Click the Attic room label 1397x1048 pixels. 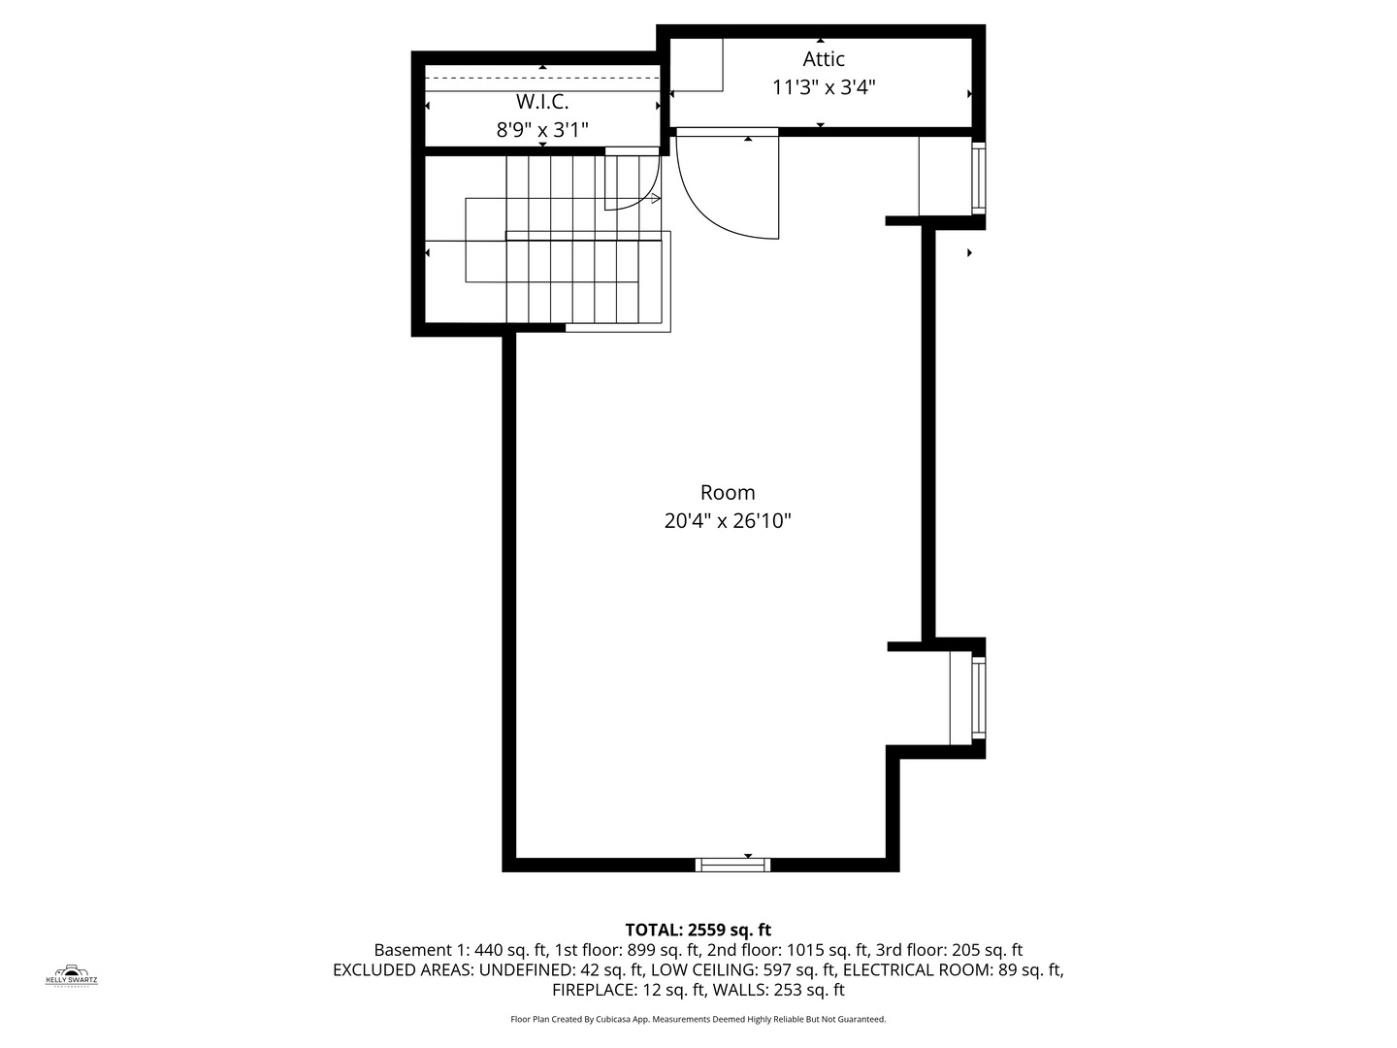(823, 59)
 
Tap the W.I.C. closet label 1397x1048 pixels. (541, 102)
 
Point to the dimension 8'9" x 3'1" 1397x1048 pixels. (542, 130)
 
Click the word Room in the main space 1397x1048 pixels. (727, 493)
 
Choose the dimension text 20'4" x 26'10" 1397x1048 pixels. (727, 521)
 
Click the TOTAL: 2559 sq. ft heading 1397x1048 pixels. (698, 930)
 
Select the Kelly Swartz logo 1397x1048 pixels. (72, 975)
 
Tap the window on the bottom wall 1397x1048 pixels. (733, 865)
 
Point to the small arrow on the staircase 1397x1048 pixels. (655, 199)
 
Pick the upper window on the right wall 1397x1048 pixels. (978, 178)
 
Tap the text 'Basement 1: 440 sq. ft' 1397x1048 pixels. (461, 950)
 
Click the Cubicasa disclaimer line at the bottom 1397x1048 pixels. (698, 1019)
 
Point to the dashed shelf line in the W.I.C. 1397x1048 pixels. (541, 78)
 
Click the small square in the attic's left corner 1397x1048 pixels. (697, 65)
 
